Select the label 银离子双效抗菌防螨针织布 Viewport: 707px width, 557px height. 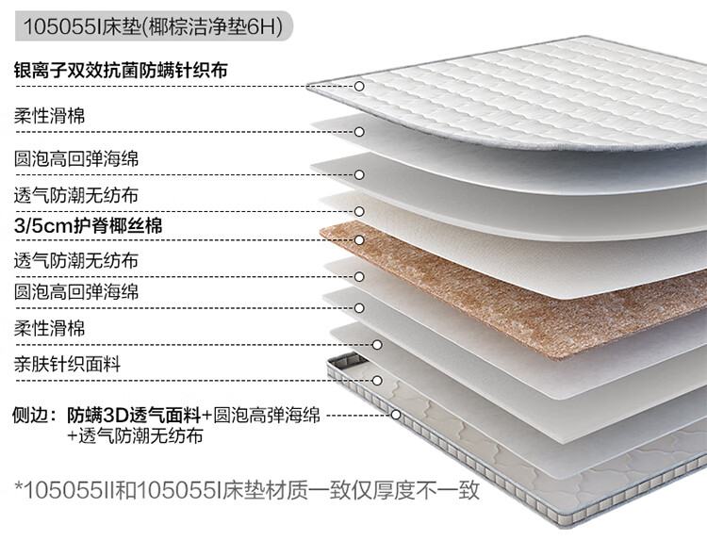pos(121,71)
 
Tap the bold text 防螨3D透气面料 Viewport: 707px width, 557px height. pos(134,415)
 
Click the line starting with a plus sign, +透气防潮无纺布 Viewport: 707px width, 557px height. pos(134,436)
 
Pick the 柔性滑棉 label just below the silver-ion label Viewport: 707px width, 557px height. pos(50,116)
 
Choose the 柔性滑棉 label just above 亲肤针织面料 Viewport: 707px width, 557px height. pos(50,328)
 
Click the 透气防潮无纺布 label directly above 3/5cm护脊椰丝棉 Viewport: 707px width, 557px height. pos(76,195)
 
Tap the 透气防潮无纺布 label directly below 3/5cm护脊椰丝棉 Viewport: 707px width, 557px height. pos(76,259)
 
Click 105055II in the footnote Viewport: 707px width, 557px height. pos(65,491)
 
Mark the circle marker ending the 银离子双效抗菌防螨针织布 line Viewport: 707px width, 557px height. pos(360,86)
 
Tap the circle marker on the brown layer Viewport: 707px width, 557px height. pos(359,240)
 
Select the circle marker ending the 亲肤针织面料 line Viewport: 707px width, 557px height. pos(377,381)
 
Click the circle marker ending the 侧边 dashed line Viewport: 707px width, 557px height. pos(396,413)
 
